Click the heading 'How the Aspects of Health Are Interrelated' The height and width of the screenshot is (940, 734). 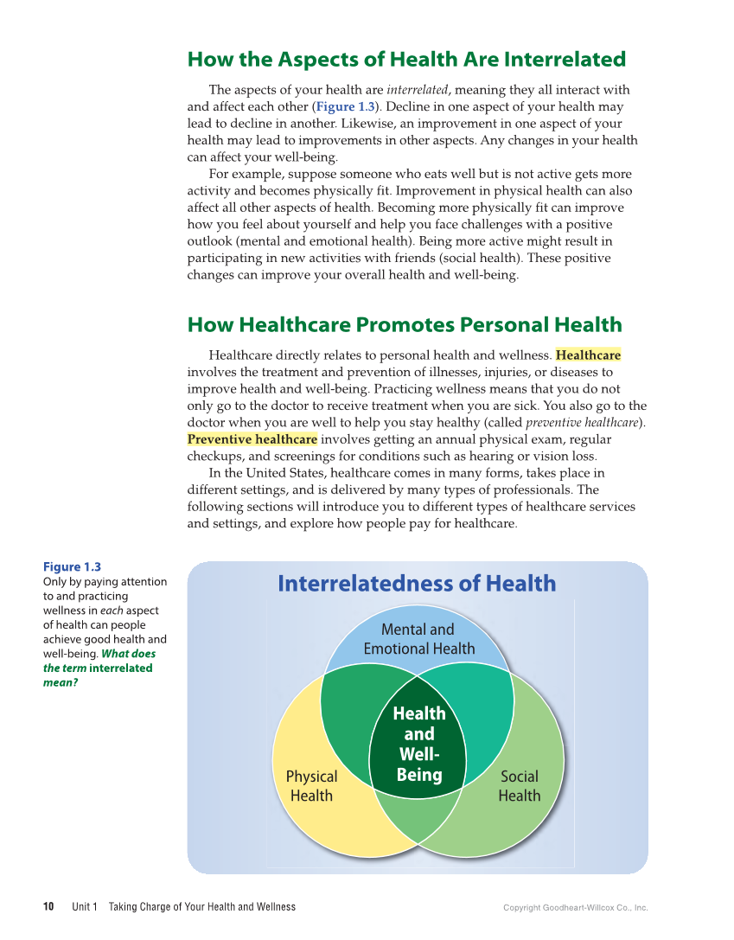(406, 60)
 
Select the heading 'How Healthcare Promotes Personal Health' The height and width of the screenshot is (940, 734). (404, 325)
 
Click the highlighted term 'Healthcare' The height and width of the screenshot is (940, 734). (588, 355)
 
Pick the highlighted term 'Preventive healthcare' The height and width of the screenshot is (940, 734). (252, 439)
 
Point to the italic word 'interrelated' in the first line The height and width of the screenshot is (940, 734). (417, 90)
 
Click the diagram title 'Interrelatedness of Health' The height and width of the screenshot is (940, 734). (417, 584)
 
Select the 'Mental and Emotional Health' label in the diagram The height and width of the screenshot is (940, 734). (418, 639)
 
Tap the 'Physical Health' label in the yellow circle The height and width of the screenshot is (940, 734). (311, 786)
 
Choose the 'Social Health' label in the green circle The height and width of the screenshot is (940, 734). (519, 786)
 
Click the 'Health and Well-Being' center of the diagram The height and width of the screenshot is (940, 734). (419, 744)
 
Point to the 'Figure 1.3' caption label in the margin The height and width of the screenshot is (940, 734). (72, 567)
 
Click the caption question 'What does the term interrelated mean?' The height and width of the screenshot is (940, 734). (98, 668)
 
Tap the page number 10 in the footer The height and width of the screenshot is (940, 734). (48, 907)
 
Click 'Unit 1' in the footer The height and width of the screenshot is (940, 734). (84, 907)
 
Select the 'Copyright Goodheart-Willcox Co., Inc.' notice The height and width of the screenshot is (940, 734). (575, 908)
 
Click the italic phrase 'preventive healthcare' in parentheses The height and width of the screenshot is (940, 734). (583, 423)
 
